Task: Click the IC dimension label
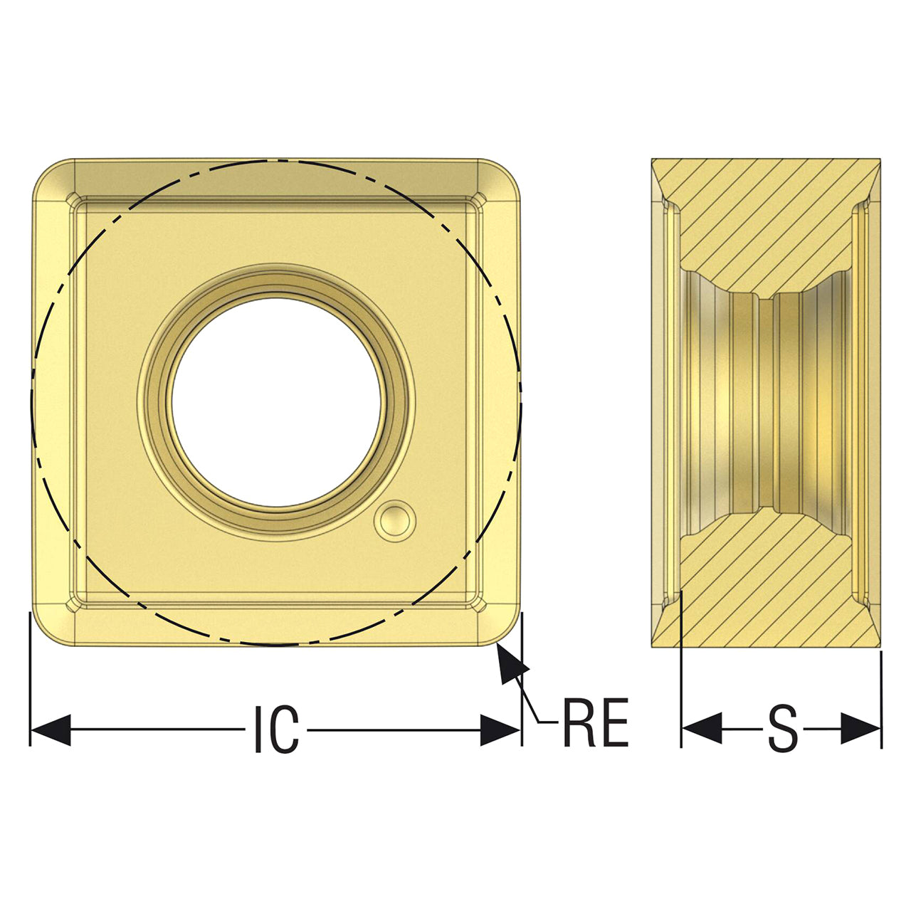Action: pos(277,729)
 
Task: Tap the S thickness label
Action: pos(782,729)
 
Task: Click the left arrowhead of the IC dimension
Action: pos(51,730)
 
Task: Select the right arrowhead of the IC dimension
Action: pos(500,730)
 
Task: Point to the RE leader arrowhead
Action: pos(512,663)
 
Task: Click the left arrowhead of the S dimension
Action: pos(702,728)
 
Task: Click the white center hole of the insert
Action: pos(276,402)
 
